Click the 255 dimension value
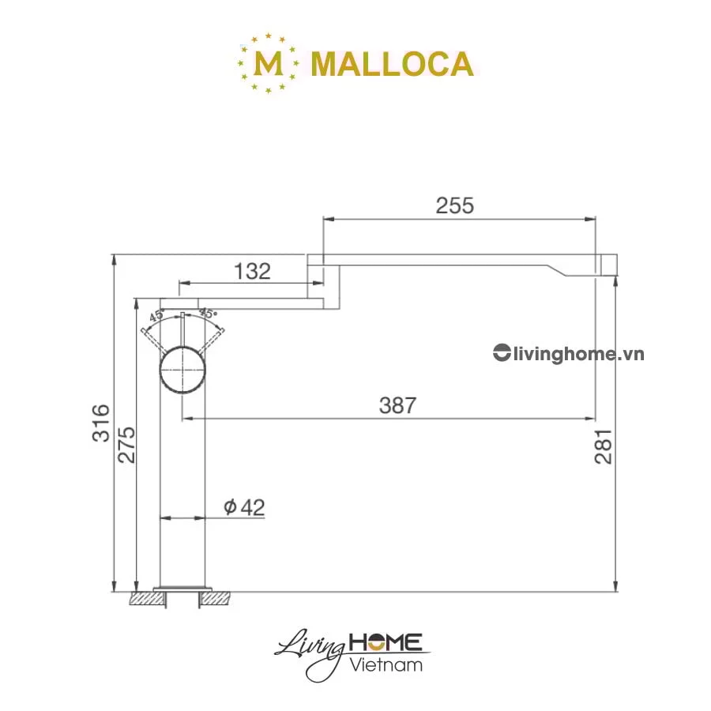(x=454, y=205)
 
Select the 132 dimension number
(x=252, y=272)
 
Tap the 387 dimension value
(x=397, y=406)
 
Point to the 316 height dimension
(x=100, y=423)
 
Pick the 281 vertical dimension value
(x=604, y=447)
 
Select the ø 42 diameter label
(x=244, y=507)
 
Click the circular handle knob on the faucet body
(x=183, y=370)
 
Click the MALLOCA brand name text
(x=392, y=64)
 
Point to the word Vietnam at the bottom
(x=386, y=664)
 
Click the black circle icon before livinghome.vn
(x=501, y=353)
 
